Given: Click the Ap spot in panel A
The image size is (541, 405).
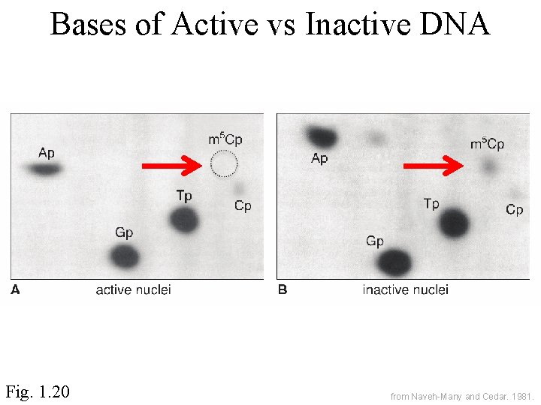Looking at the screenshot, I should click(45, 169).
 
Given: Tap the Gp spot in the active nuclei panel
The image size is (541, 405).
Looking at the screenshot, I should click(125, 257).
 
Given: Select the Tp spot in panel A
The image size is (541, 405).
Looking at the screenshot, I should click(183, 220).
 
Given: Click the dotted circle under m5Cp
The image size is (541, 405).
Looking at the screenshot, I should click(223, 163).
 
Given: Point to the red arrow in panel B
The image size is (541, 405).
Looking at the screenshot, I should click(434, 166).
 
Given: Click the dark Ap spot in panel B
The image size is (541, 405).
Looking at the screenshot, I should click(322, 137).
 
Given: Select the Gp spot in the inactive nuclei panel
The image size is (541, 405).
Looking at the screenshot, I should click(394, 262).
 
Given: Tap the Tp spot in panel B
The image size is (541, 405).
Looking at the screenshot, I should click(454, 223).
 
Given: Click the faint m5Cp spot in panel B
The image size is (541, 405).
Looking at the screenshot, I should click(489, 166).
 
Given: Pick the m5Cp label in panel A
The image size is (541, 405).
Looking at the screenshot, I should click(225, 139).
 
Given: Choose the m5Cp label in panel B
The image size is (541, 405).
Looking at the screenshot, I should click(487, 143).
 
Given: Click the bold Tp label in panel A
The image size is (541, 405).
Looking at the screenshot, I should click(184, 196).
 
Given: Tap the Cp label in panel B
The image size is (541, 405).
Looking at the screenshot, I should click(514, 210).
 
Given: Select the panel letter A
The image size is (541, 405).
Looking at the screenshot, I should click(15, 290).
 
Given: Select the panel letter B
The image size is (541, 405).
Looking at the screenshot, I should click(283, 290).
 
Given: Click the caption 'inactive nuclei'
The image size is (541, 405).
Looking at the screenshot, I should click(405, 290).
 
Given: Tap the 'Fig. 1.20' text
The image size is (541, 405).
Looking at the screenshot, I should click(38, 391).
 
